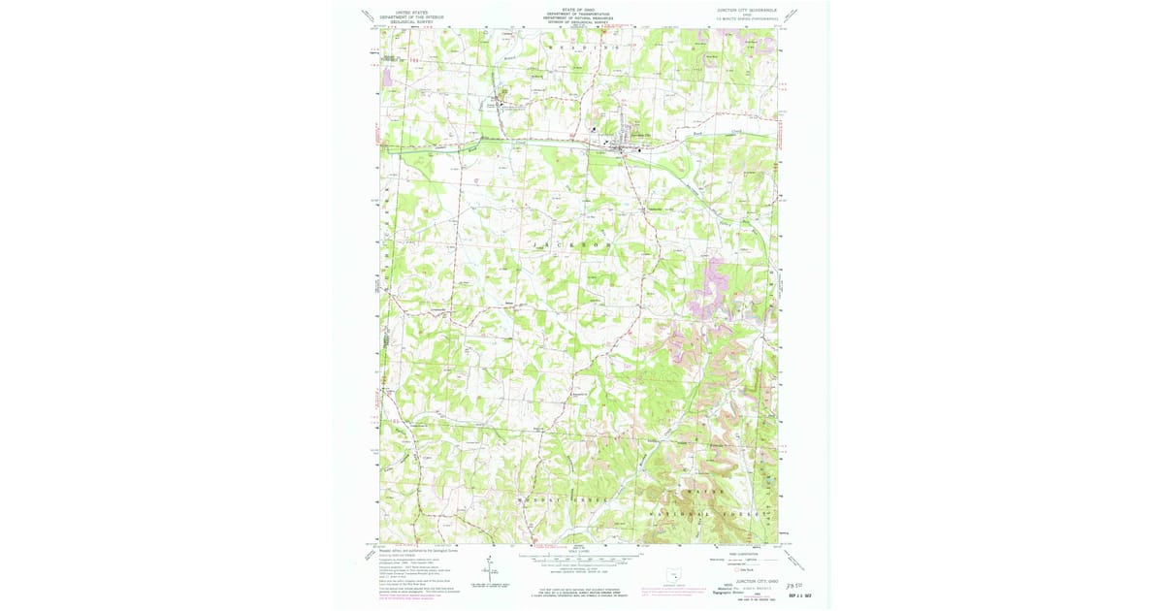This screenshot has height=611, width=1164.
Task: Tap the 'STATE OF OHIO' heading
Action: click(578, 8)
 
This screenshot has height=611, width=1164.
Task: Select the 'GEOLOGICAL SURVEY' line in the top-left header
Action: click(411, 20)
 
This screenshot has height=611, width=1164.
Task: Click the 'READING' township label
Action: click(582, 47)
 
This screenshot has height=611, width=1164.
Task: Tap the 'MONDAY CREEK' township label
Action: click(549, 499)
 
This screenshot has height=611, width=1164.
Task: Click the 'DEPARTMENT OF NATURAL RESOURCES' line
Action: click(578, 18)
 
